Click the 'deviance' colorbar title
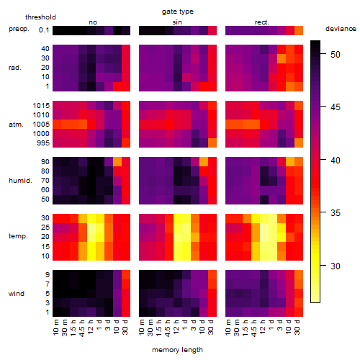coord(341,29)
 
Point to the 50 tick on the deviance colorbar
coord(323,53)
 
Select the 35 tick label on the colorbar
coord(336,212)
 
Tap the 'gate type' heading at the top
coord(178,12)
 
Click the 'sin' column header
coord(177,22)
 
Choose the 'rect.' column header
coord(261,22)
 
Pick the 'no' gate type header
coord(93,22)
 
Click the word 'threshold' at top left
coord(40,17)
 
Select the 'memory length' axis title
coord(177,350)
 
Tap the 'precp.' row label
coord(19,29)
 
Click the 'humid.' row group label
coord(20,181)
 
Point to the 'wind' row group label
coord(17,294)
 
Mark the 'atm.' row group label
coord(16,125)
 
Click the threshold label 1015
coord(41,106)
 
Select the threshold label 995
coord(43,143)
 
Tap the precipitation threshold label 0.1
coord(44,30)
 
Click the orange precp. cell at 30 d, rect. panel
coord(299,30)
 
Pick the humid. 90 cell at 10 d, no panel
coord(117,161)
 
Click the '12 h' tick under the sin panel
coord(176,327)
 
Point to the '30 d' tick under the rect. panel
coord(297,327)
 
